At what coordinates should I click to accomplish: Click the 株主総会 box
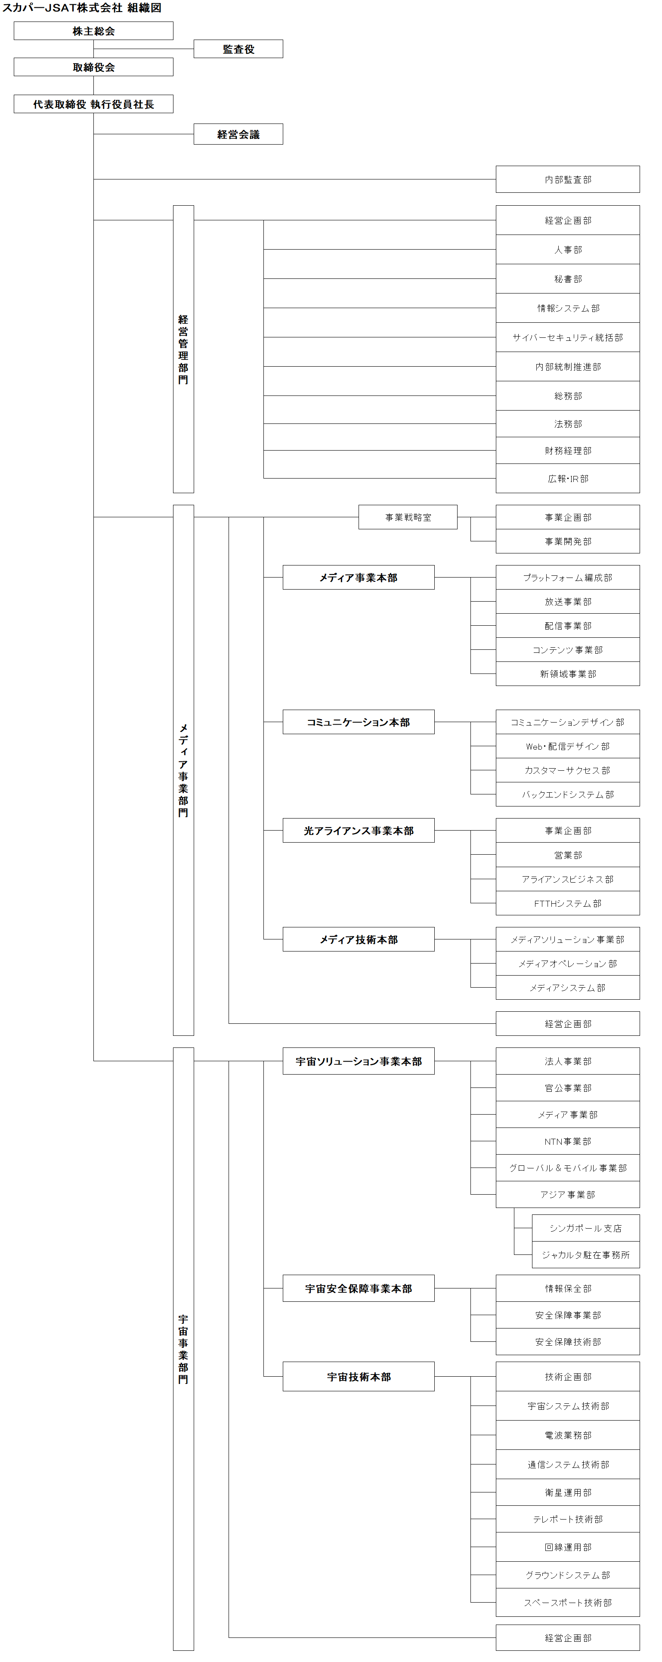coord(93,31)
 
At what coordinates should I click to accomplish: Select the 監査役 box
coord(238,49)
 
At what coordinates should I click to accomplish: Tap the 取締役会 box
coord(93,67)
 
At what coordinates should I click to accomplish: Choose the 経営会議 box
coord(238,134)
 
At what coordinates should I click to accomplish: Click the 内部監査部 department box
coord(568,179)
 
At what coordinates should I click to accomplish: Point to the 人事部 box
coord(568,250)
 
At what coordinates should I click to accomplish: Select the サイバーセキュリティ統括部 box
coord(568,337)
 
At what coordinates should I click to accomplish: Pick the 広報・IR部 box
coord(568,479)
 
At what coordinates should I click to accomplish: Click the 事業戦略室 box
coord(408,517)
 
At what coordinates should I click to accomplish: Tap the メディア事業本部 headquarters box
coord(358,578)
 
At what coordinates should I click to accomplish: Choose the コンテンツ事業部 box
coord(568,650)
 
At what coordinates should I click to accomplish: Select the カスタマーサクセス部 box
coord(568,770)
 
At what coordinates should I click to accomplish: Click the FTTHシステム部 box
coord(568,903)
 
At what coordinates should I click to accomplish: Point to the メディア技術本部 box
coord(358,939)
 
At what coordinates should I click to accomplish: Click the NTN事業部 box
coord(568,1141)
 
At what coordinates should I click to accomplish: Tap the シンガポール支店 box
coord(586,1229)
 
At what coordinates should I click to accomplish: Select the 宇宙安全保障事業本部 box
coord(358,1288)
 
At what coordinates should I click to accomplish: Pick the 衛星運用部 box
coord(568,1492)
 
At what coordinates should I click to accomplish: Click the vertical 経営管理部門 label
coord(183,350)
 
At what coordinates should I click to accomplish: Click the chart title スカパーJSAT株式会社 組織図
coord(81,8)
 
